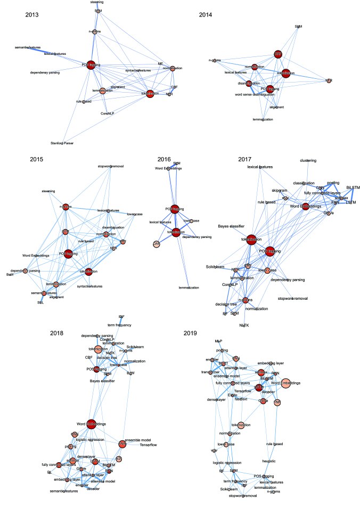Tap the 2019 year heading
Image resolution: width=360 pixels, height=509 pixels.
(x=190, y=333)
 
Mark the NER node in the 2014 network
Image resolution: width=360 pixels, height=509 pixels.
(x=329, y=80)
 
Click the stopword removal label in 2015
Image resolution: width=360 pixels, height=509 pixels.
(x=111, y=166)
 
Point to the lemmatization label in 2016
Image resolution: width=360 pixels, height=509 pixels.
(x=189, y=288)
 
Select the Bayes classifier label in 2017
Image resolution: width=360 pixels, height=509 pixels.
(x=231, y=226)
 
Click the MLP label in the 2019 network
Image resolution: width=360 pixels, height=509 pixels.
(x=218, y=340)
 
